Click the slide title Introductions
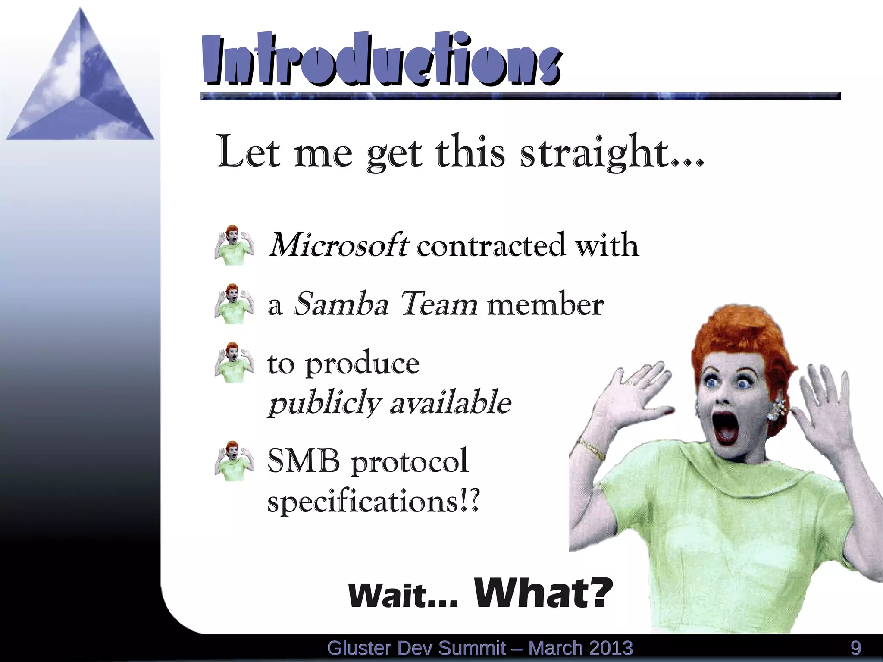[x=382, y=59]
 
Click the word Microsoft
[x=338, y=245]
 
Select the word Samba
[x=341, y=304]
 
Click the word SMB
[x=304, y=461]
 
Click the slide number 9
[x=856, y=648]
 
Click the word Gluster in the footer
[x=359, y=648]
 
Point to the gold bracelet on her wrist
[x=592, y=449]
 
